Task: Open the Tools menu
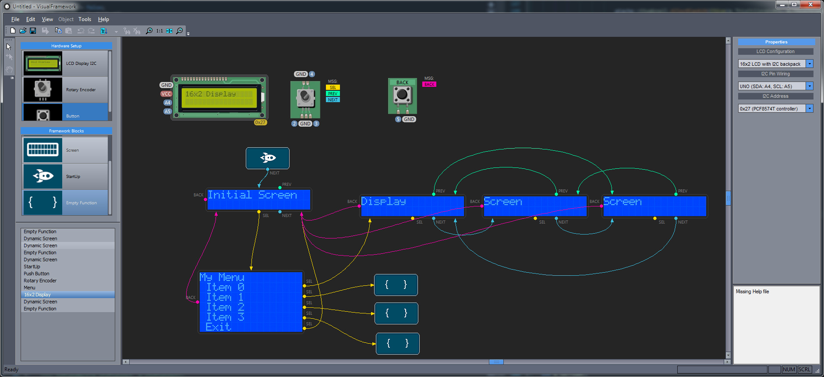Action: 85,19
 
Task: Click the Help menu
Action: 103,19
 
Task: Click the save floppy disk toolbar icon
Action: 33,31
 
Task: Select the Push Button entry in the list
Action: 36,274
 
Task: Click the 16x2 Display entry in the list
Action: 37,295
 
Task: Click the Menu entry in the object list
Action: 29,288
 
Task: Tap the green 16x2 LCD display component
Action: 219,97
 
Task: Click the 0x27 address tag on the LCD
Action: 260,122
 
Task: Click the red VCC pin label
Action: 166,94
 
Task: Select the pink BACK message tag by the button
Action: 429,84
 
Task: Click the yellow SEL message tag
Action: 333,88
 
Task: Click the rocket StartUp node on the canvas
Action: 268,158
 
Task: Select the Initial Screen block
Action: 258,199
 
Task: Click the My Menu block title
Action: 222,277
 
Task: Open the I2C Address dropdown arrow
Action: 810,108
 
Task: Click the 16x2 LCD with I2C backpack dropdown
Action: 771,64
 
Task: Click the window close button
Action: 811,5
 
